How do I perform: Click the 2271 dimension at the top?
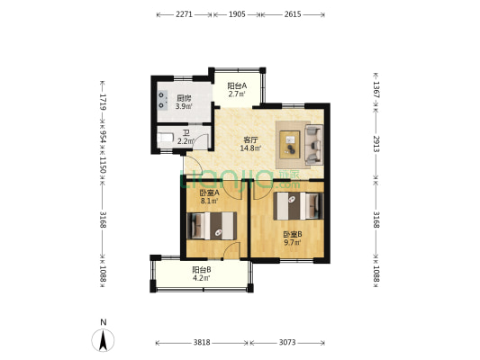pyautogui.click(x=184, y=14)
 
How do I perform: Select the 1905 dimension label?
pyautogui.click(x=237, y=14)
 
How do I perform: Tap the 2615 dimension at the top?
pyautogui.click(x=293, y=14)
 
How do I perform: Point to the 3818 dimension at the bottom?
pyautogui.click(x=202, y=343)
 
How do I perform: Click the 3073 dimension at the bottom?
pyautogui.click(x=287, y=343)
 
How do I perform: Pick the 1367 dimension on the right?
pyautogui.click(x=376, y=90)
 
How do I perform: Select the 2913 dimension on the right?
pyautogui.click(x=376, y=143)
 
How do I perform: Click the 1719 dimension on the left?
pyautogui.click(x=104, y=102)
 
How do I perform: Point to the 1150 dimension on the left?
pyautogui.click(x=104, y=166)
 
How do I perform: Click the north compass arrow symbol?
pyautogui.click(x=104, y=340)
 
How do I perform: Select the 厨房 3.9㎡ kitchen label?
pyautogui.click(x=184, y=103)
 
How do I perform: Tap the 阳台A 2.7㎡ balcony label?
pyautogui.click(x=237, y=90)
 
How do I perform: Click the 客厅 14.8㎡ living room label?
pyautogui.click(x=250, y=144)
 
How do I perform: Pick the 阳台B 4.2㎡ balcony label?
pyautogui.click(x=202, y=274)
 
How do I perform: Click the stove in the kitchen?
pyautogui.click(x=162, y=101)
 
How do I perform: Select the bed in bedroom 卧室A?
pyautogui.click(x=212, y=226)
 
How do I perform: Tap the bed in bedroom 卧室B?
pyautogui.click(x=298, y=206)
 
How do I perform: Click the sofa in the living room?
pyautogui.click(x=314, y=145)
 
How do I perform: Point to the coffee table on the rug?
pyautogui.click(x=290, y=145)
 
